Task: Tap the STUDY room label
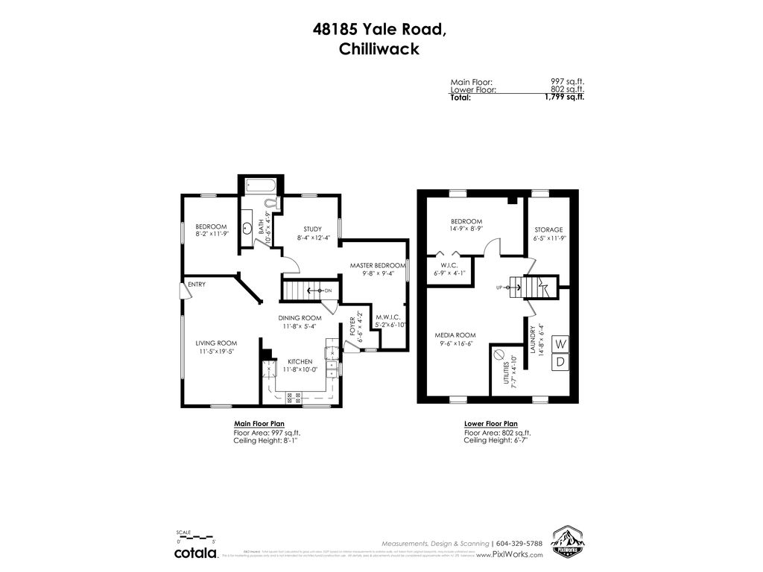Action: coord(312,229)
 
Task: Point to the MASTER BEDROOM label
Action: coord(378,265)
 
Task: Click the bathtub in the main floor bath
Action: coord(259,186)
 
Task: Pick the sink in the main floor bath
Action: coord(247,229)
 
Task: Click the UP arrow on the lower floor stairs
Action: coord(500,286)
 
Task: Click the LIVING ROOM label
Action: coord(216,343)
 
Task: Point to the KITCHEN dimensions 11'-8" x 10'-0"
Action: coord(300,370)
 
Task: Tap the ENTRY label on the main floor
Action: coord(197,285)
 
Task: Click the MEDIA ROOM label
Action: coord(455,335)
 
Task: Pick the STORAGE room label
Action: coord(548,229)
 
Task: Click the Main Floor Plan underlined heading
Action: coord(259,424)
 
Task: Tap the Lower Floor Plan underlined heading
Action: coord(490,424)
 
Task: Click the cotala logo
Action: coord(196,553)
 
